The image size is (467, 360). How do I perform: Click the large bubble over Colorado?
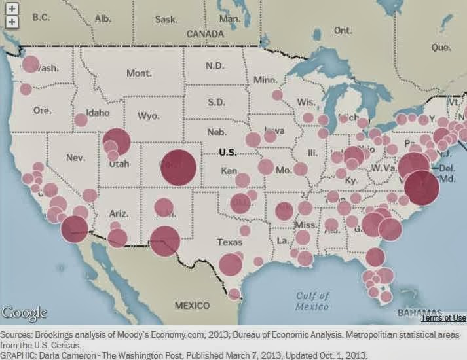[x=178, y=167]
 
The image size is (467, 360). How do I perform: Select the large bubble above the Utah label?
[x=117, y=141]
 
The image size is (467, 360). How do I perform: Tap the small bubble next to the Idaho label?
[x=81, y=120]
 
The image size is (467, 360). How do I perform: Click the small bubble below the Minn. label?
[x=277, y=95]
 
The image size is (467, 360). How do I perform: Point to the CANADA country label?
[x=205, y=33]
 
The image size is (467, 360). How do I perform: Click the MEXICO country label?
[x=191, y=306]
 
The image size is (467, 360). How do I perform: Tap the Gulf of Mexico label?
[x=311, y=301]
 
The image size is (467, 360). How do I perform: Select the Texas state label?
[x=229, y=242]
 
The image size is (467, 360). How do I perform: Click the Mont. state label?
[x=139, y=73]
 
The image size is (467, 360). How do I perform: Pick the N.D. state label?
[x=214, y=65]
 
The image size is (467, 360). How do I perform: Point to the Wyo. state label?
[x=148, y=116]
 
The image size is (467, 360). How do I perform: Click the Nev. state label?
[x=76, y=158]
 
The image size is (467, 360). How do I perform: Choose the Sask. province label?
[x=166, y=19]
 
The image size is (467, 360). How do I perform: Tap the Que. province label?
[x=440, y=47]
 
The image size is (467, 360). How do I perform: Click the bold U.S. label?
[x=227, y=152]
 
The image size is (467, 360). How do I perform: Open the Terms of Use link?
[x=443, y=317]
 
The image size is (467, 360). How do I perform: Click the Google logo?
[x=24, y=314]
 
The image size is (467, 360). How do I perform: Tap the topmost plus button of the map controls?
[x=12, y=10]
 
